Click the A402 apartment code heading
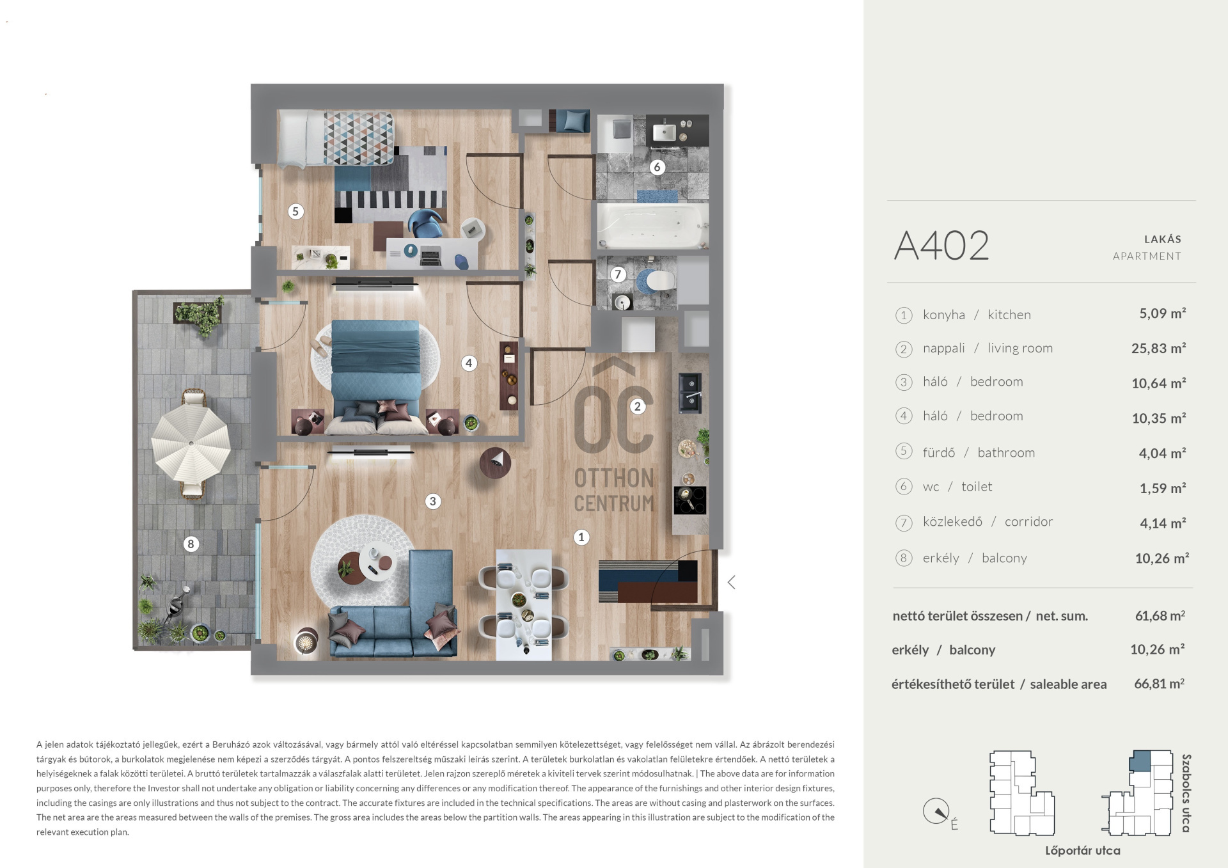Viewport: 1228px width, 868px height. (x=941, y=246)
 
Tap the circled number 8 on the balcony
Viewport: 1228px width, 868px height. (x=191, y=544)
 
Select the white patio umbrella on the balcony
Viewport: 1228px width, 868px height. (x=191, y=443)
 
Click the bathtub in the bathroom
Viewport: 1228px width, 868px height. (x=652, y=226)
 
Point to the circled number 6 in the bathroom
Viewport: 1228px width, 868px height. (x=657, y=168)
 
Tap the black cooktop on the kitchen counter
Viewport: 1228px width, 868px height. (x=690, y=500)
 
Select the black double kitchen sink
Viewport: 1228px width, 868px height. (x=690, y=393)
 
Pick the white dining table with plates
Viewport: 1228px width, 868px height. (x=524, y=604)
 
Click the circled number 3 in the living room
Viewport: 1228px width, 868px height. (x=433, y=501)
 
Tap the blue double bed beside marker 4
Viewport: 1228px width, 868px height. (x=375, y=374)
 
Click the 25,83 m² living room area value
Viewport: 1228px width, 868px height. (x=1158, y=349)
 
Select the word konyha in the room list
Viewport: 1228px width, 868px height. (x=943, y=315)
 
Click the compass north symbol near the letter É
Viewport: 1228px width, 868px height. (x=936, y=812)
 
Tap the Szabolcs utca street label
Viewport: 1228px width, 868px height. (x=1186, y=793)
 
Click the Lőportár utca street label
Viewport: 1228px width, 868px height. (x=1082, y=851)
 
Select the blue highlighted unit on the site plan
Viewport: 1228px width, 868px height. (x=1139, y=761)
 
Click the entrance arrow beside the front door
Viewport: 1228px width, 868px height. (x=732, y=582)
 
